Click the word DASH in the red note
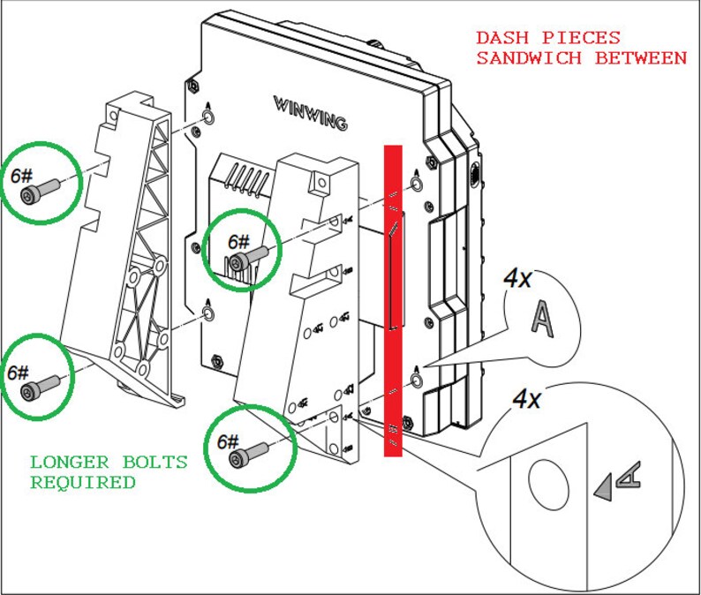pyautogui.click(x=502, y=38)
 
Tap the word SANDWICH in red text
pyautogui.click(x=529, y=58)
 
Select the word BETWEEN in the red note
pyautogui.click(x=641, y=58)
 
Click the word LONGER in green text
pyautogui.click(x=69, y=463)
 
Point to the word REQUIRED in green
pyautogui.click(x=83, y=483)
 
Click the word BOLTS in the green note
pyautogui.click(x=155, y=463)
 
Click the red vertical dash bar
pyautogui.click(x=393, y=301)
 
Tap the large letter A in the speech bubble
pyautogui.click(x=543, y=319)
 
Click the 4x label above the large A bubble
pyautogui.click(x=517, y=279)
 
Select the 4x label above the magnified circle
pyautogui.click(x=526, y=399)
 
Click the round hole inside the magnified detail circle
pyautogui.click(x=548, y=484)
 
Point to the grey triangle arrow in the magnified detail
pyautogui.click(x=604, y=487)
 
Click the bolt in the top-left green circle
pyautogui.click(x=40, y=190)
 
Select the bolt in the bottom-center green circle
pyautogui.click(x=249, y=454)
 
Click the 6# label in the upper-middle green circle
pyautogui.click(x=238, y=242)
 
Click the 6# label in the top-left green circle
pyautogui.click(x=21, y=177)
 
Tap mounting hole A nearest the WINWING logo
pyautogui.click(x=207, y=117)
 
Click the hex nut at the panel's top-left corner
pyautogui.click(x=193, y=86)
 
